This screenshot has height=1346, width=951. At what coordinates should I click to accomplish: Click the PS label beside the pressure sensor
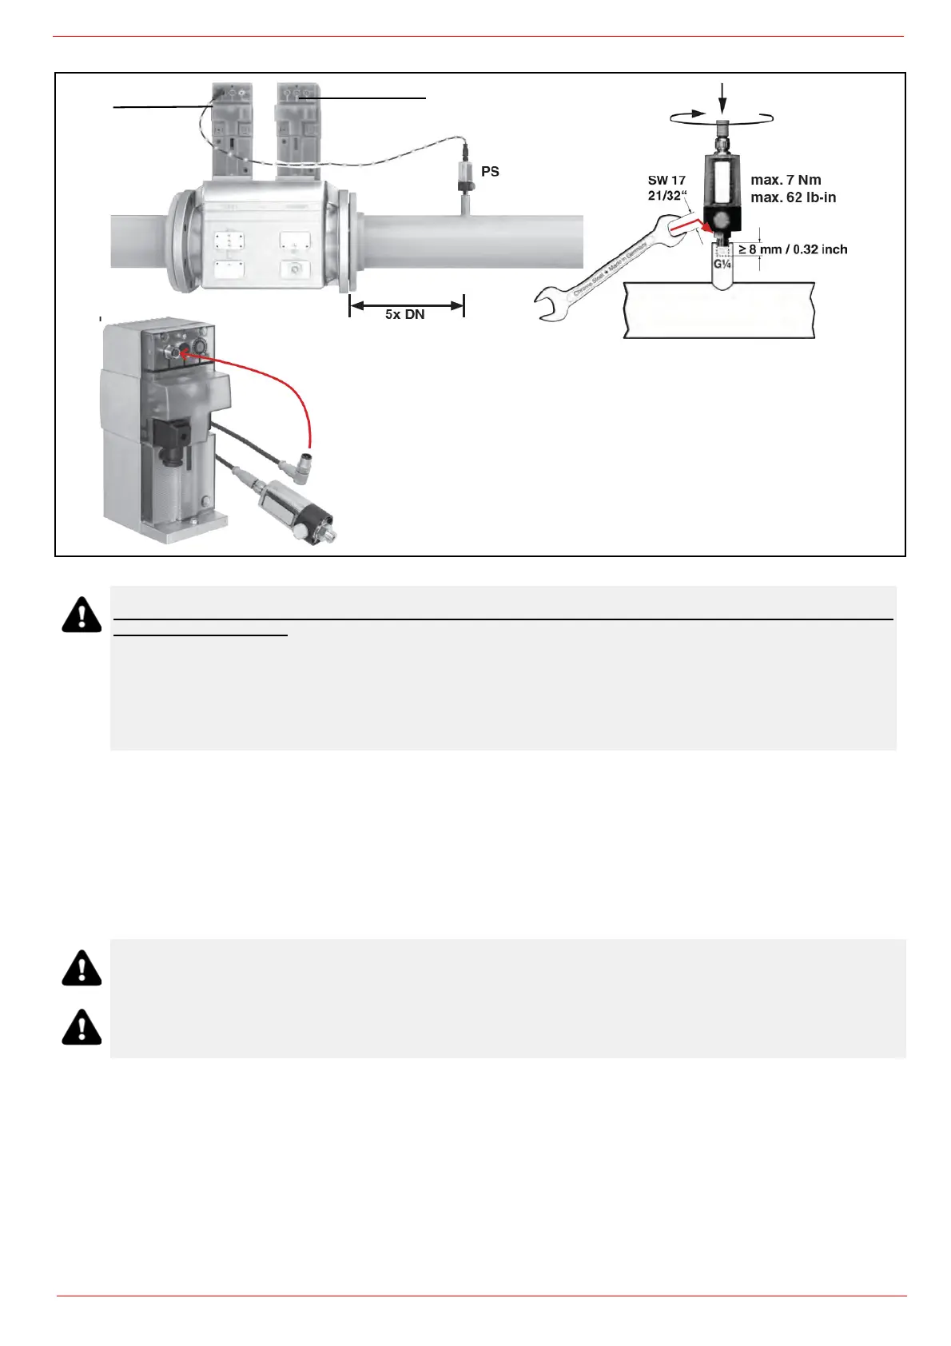490,172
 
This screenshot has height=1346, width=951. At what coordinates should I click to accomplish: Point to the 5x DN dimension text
404,315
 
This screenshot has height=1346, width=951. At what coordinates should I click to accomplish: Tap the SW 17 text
666,181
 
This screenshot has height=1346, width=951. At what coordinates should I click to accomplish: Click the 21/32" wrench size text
667,196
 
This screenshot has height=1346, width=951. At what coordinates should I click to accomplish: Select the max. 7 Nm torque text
786,181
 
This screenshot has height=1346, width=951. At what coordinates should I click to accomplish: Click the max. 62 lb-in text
793,197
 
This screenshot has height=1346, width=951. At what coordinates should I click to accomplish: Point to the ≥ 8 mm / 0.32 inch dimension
792,249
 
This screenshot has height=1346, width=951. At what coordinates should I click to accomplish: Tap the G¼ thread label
723,263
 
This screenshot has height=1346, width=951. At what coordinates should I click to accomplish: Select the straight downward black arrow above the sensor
722,100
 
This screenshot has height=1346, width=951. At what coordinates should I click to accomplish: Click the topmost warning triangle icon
82,615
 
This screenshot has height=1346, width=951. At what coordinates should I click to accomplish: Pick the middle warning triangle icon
82,968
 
